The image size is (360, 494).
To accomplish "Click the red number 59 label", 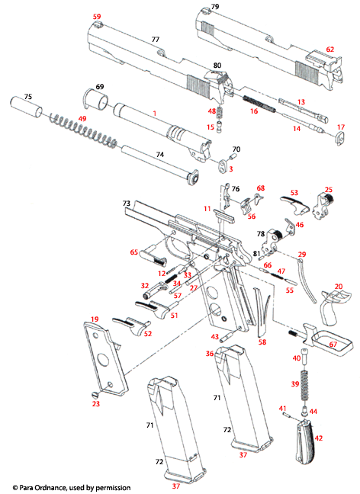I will tap(96, 16).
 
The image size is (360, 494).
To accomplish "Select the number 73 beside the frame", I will tap(127, 204).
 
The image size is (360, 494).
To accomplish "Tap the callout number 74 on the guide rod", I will tap(159, 154).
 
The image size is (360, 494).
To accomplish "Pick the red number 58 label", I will tap(262, 342).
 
